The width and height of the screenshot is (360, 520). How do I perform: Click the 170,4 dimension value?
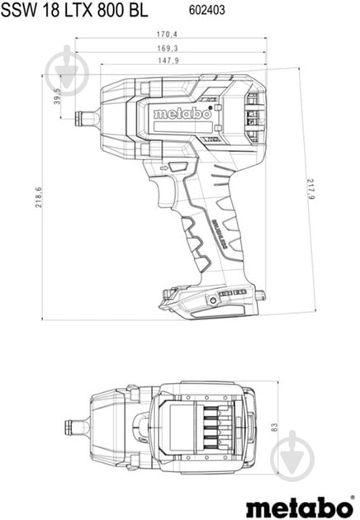coord(168,34)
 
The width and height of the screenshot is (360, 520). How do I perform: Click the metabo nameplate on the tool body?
coord(182,114)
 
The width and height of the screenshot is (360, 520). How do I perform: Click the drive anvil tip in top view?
coord(75,427)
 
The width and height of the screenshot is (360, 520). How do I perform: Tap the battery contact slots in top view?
coord(211,427)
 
